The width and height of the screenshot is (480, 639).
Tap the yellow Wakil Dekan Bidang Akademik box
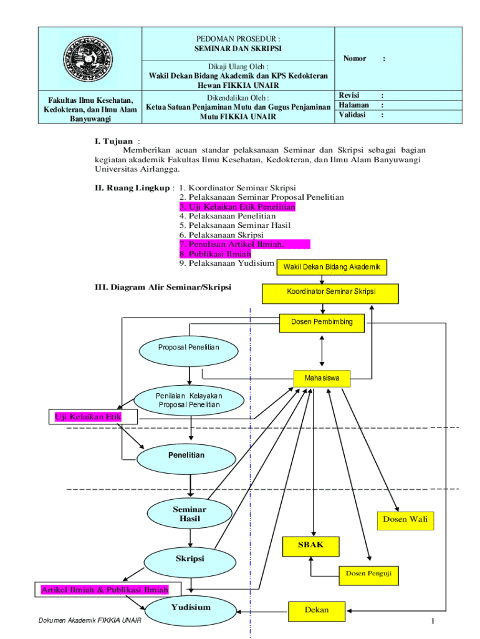click(x=332, y=267)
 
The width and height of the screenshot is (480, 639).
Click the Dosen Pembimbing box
click(x=322, y=322)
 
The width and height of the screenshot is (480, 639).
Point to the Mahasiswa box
click(x=322, y=378)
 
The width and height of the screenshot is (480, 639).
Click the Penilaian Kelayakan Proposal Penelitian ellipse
click(x=189, y=400)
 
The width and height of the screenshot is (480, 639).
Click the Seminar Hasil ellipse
click(x=189, y=514)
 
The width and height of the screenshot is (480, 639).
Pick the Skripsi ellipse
click(x=189, y=558)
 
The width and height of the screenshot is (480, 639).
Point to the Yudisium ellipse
click(x=190, y=608)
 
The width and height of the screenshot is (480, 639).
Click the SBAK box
click(x=312, y=546)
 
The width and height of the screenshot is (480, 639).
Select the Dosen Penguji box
click(x=368, y=573)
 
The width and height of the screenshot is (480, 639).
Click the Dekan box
click(x=316, y=610)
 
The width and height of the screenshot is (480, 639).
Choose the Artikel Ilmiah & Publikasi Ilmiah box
click(x=104, y=589)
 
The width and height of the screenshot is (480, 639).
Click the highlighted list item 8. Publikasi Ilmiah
click(x=215, y=254)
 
